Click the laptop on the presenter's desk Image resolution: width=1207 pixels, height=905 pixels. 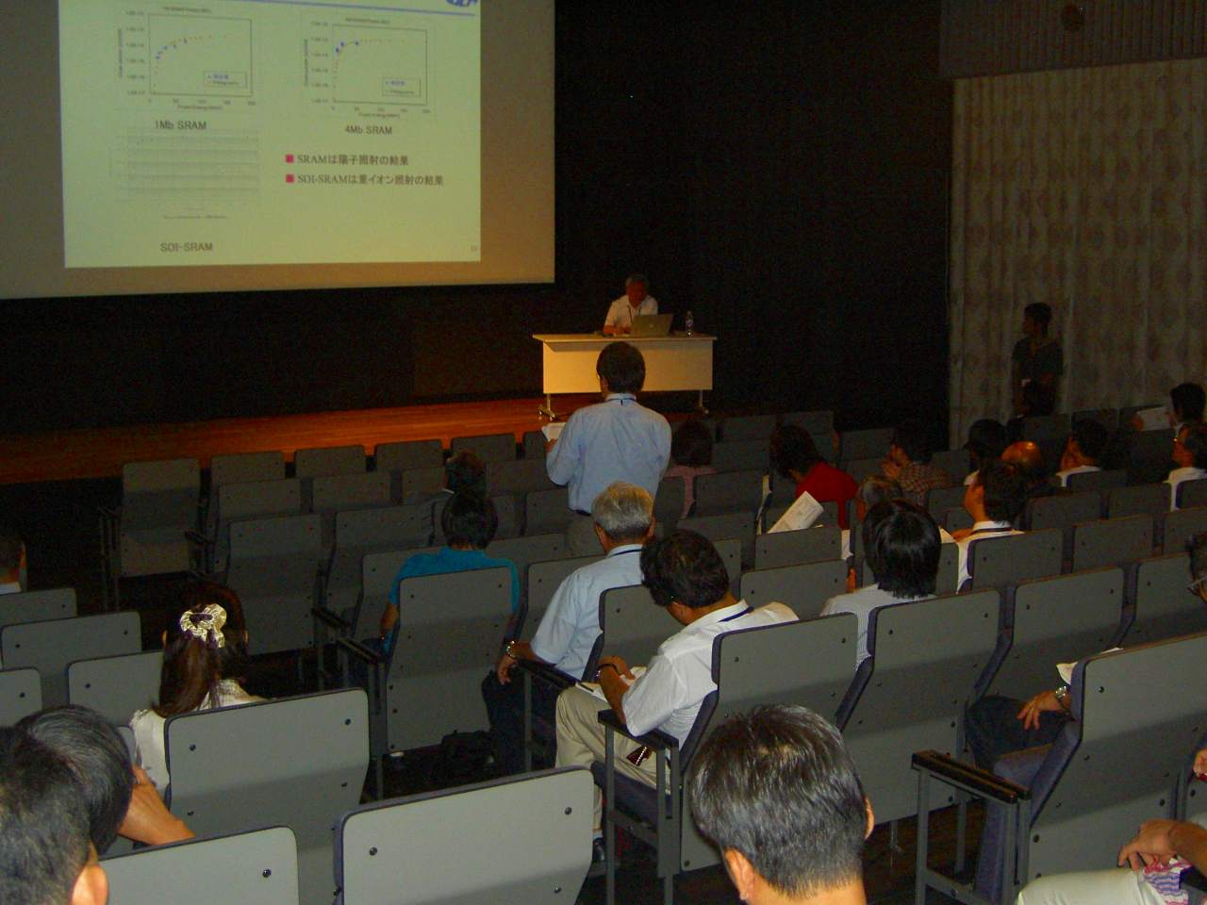[651, 324]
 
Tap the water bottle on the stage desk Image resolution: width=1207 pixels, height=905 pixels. [689, 322]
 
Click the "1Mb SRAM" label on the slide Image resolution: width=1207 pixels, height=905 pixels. [179, 125]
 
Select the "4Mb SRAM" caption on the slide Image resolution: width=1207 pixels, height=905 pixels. [368, 130]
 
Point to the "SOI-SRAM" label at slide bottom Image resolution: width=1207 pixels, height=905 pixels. [186, 247]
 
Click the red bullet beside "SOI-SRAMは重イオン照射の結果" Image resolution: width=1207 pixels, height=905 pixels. [289, 179]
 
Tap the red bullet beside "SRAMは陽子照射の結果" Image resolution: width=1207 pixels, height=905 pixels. [289, 160]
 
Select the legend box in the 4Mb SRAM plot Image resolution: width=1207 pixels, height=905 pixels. [396, 84]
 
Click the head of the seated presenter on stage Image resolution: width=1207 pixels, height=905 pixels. [637, 288]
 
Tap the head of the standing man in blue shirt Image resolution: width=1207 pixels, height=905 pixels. [620, 366]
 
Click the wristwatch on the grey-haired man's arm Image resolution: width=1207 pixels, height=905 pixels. [510, 649]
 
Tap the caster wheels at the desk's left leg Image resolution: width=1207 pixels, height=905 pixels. [545, 409]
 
